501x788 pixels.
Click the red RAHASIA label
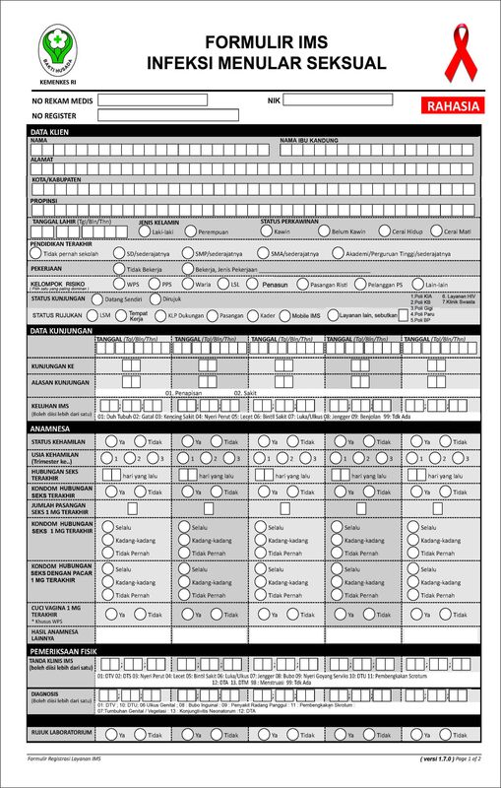click(453, 106)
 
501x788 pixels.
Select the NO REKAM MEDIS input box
click(152, 100)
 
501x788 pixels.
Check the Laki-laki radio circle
click(145, 231)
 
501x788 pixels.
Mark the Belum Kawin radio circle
click(324, 231)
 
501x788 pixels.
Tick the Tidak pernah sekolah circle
click(36, 253)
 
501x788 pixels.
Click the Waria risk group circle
click(189, 284)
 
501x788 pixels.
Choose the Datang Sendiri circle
click(97, 298)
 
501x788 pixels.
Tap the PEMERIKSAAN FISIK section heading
click(60, 651)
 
